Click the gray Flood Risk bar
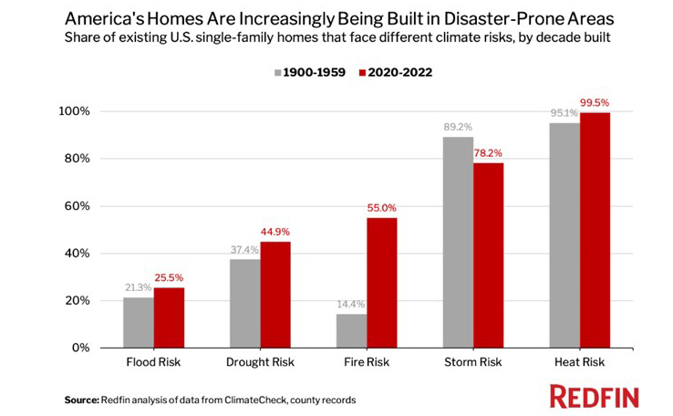click(139, 322)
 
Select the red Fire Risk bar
click(382, 283)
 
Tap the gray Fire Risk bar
click(351, 330)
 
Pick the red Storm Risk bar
click(488, 255)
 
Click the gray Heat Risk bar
click(564, 235)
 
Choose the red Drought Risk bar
click(275, 295)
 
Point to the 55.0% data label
click(382, 208)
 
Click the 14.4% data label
click(350, 305)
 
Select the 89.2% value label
click(457, 128)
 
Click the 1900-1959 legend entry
click(307, 71)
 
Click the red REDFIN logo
click(594, 396)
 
